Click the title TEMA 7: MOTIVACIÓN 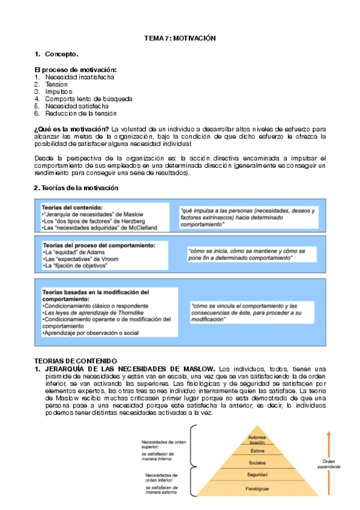[180, 38]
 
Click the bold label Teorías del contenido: [69, 207]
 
